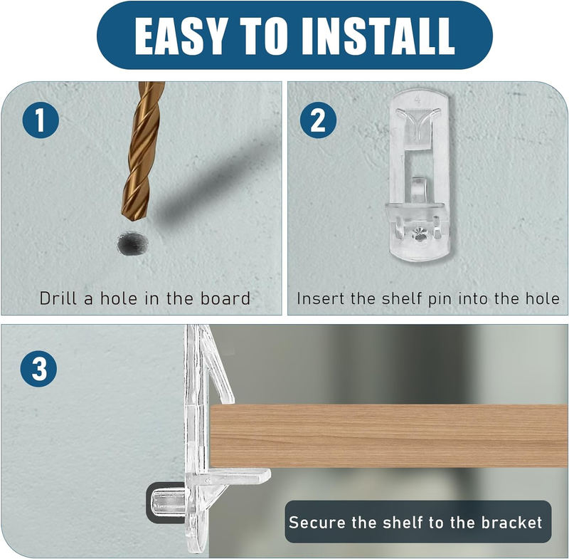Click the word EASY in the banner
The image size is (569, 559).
pos(179,36)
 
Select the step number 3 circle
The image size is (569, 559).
pos(39,368)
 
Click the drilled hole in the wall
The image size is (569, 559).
pos(132,243)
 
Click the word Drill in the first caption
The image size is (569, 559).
pos(58,298)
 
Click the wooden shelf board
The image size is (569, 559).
pos(389,436)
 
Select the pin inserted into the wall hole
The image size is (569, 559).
pos(169,502)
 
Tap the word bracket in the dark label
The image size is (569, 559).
pos(511,522)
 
